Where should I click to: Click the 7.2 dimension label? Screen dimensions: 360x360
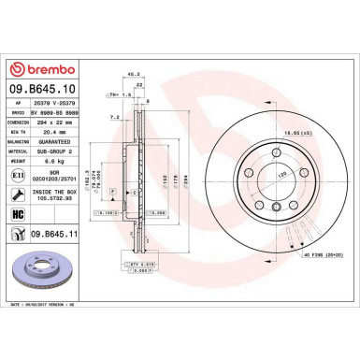coord(114,118)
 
